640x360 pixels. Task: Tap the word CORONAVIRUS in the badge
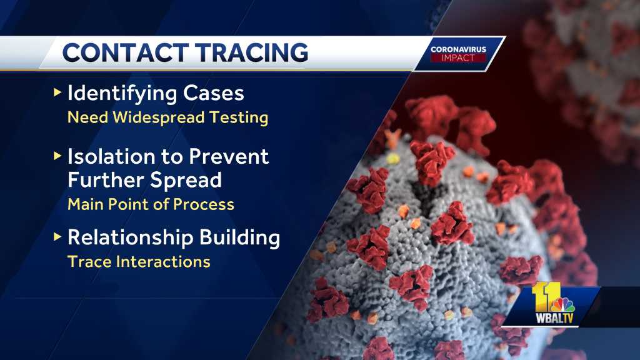click(458, 49)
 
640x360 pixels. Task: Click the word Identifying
click(121, 94)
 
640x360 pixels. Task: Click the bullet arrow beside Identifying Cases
click(57, 93)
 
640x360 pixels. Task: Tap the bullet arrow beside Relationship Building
click(57, 236)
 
